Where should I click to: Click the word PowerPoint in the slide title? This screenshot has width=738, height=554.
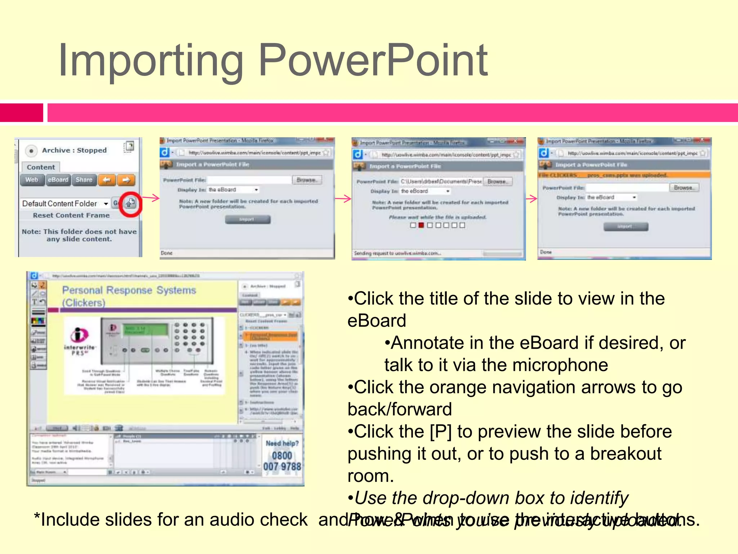pos(373,61)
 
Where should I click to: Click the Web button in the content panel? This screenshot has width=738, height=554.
pos(32,180)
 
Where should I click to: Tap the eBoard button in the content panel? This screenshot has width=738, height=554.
pos(58,180)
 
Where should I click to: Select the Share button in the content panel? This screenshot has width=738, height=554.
pos(84,180)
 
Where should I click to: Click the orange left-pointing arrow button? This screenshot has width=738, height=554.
pos(107,180)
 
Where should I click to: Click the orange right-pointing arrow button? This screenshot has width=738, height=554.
pos(126,180)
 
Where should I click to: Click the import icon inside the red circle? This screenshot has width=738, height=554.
pos(130,203)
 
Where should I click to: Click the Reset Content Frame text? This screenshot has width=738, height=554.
pos(71,215)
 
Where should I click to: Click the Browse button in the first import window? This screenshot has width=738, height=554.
pos(307,180)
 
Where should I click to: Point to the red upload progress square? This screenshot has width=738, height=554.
pos(421,225)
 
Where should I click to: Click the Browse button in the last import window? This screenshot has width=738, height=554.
pos(684,188)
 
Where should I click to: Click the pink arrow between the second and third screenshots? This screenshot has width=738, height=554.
pos(343,198)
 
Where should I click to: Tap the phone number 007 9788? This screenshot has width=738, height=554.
pos(282,467)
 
